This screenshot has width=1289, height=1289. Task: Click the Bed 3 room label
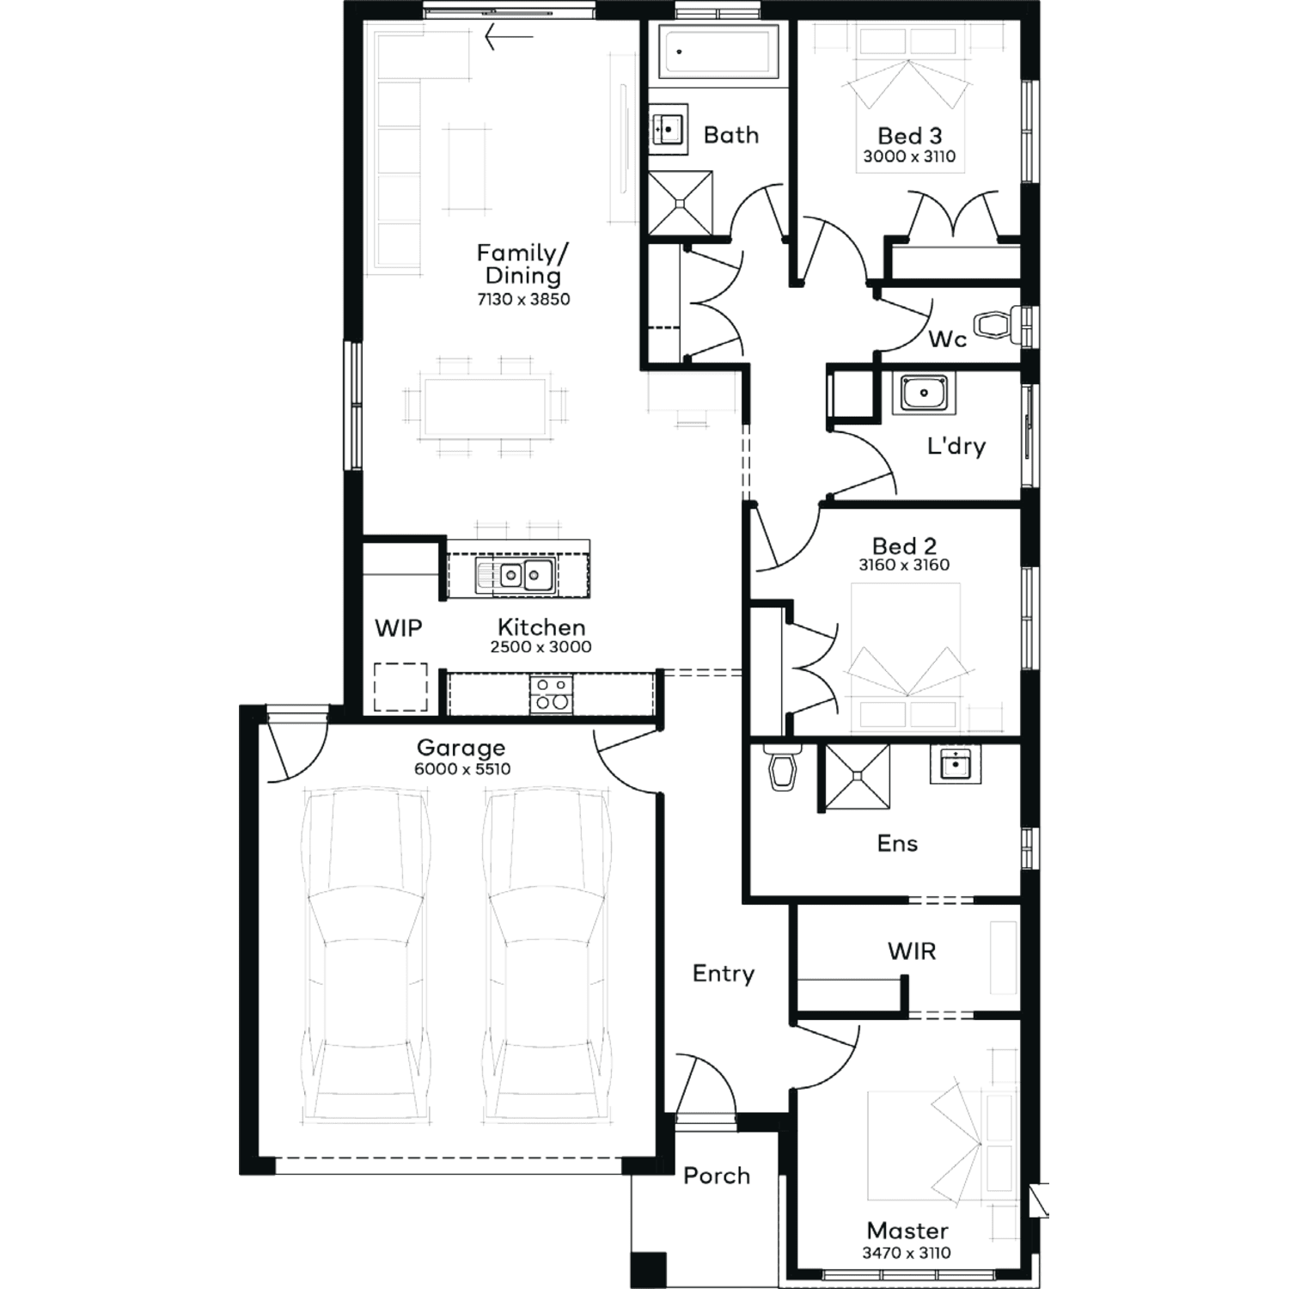click(910, 136)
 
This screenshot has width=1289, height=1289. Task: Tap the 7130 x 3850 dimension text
click(524, 299)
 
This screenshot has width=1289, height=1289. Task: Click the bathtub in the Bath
click(718, 50)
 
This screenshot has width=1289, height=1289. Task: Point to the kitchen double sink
click(515, 574)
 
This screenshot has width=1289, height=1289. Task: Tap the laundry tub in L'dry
click(924, 394)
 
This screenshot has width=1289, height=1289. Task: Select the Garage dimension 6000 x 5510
click(462, 769)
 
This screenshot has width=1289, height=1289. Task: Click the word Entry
click(724, 974)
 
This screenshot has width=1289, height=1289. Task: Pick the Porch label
click(717, 1176)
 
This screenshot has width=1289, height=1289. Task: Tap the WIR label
click(912, 951)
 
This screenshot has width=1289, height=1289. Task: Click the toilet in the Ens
click(782, 767)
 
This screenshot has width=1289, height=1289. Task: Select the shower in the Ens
click(857, 777)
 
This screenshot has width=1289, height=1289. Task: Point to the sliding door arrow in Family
click(509, 37)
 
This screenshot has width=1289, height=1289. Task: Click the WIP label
click(399, 628)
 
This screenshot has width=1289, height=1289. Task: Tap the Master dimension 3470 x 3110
click(907, 1253)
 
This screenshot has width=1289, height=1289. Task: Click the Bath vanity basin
click(668, 129)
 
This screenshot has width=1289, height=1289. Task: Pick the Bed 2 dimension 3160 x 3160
click(904, 565)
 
